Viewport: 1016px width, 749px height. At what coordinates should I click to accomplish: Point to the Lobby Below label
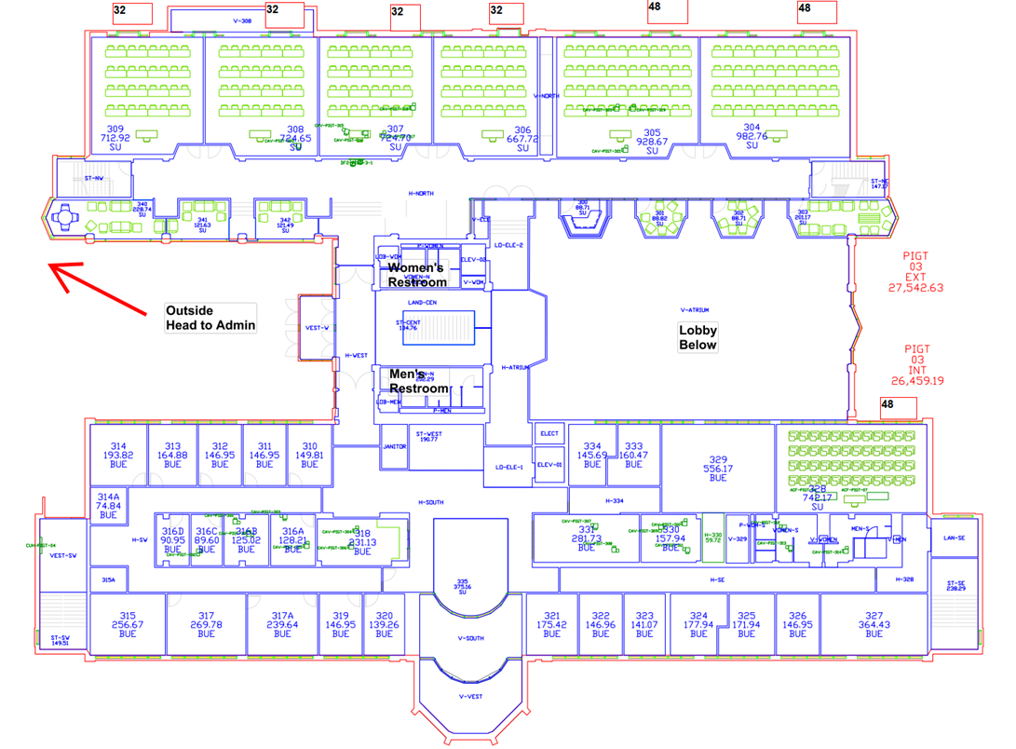698,337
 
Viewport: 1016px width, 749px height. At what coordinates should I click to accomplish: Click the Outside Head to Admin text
209,318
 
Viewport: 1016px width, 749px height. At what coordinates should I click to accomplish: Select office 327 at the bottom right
873,624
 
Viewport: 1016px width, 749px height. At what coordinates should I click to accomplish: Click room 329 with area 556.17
717,469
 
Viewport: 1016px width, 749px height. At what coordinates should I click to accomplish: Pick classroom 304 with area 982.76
752,136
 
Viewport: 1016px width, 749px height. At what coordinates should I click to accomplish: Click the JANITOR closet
394,447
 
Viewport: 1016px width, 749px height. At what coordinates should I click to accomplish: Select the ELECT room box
549,433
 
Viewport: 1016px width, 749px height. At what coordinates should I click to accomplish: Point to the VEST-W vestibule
317,327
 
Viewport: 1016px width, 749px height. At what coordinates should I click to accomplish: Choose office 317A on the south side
282,624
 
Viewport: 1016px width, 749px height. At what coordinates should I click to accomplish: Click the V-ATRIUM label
695,309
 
